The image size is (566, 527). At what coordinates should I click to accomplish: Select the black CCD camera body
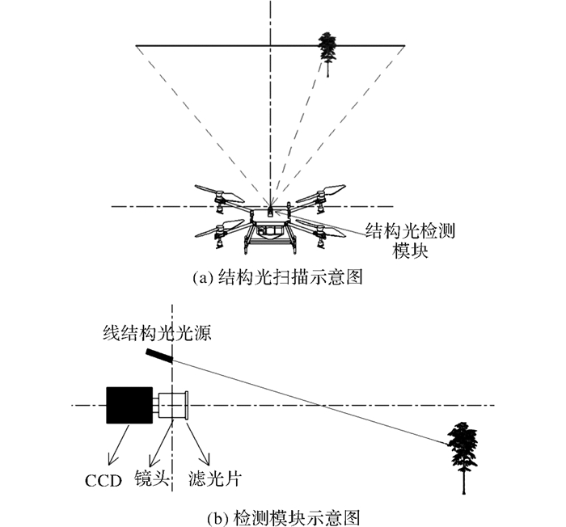(x=129, y=405)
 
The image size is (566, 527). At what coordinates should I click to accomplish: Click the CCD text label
(x=103, y=480)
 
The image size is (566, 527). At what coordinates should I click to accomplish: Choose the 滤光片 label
(x=215, y=479)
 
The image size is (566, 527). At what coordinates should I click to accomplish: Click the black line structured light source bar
(x=159, y=355)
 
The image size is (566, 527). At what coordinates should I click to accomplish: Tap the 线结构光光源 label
(x=158, y=333)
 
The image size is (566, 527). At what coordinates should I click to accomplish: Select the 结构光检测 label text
(x=410, y=230)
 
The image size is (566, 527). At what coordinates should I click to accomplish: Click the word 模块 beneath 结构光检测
(x=410, y=251)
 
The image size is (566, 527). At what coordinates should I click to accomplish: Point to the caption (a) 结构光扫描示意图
(x=277, y=277)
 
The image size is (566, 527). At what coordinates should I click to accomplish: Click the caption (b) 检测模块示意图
(x=284, y=518)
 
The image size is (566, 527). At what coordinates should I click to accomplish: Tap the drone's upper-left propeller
(x=219, y=194)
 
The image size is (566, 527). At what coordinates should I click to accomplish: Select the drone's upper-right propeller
(x=321, y=193)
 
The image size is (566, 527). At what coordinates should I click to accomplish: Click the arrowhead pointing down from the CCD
(x=112, y=460)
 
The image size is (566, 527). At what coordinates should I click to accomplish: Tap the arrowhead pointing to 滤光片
(x=206, y=459)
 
